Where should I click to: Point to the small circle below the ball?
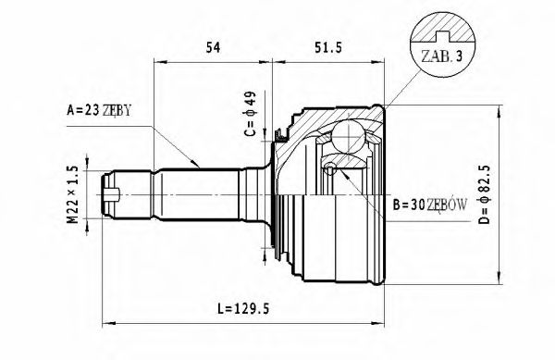pyautogui.click(x=331, y=168)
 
